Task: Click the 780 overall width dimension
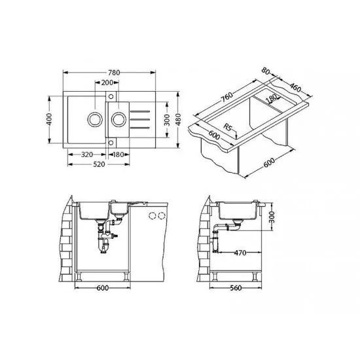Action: coord(114,73)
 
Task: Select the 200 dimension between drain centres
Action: coord(107,82)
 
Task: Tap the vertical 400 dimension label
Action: coord(49,119)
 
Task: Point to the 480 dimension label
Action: coord(178,119)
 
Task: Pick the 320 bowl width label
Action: coord(87,154)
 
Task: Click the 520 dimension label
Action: coord(99,164)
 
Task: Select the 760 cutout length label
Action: coord(226,97)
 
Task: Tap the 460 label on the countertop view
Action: coord(295,87)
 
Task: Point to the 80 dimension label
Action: coord(265,71)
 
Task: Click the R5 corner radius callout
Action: coord(228,127)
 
